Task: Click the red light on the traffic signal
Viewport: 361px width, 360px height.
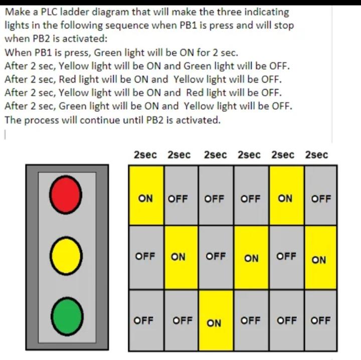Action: (x=67, y=195)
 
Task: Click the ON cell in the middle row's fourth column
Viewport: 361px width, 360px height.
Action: (x=251, y=258)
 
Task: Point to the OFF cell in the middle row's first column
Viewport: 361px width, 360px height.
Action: (x=146, y=256)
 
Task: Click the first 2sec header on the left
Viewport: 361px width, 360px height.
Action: (x=145, y=155)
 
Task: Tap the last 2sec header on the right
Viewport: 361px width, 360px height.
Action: (x=316, y=155)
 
